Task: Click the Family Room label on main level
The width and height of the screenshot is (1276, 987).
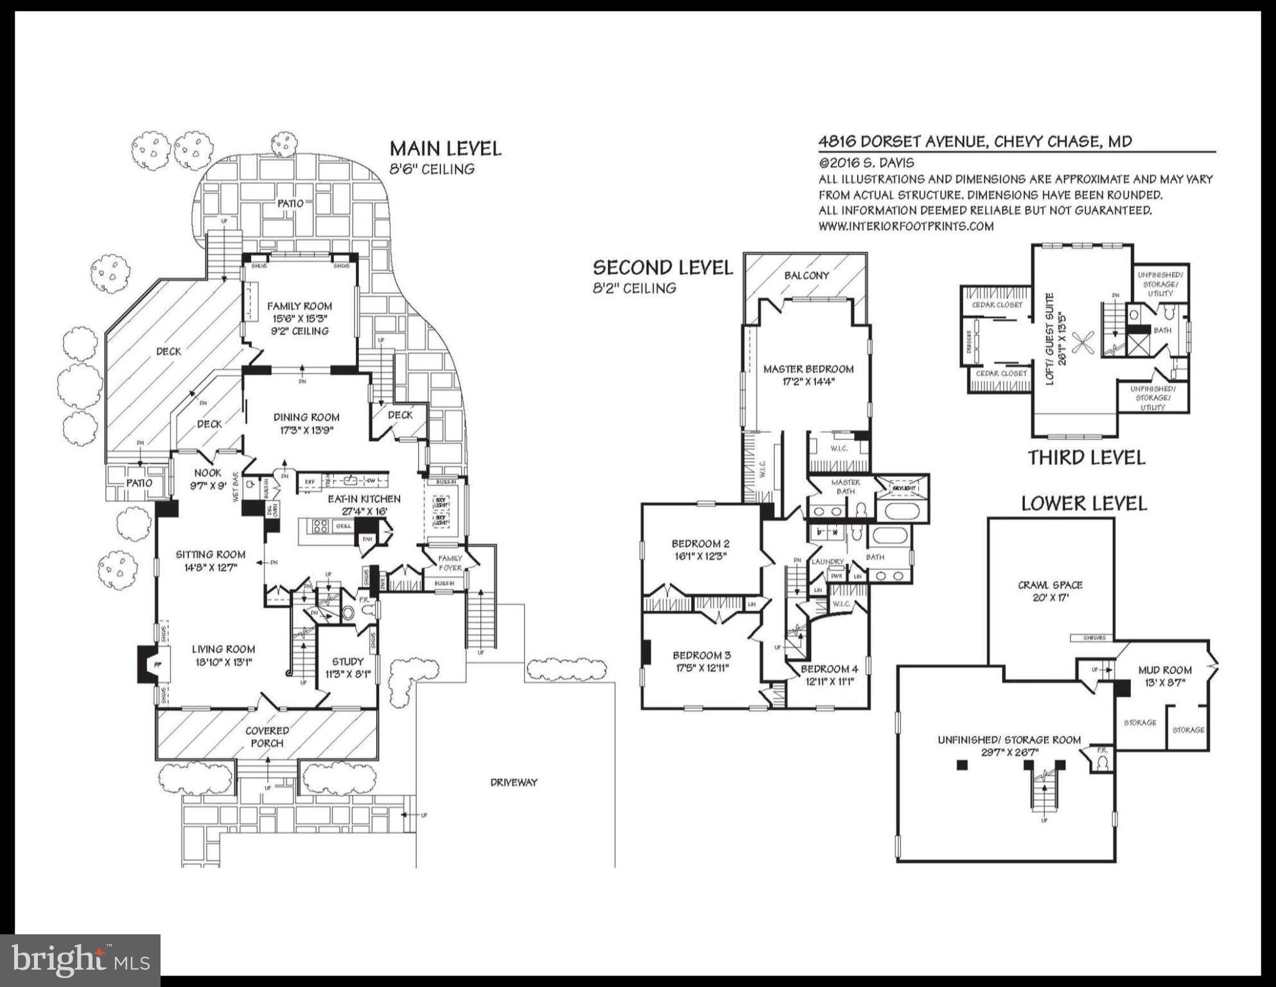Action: [299, 307]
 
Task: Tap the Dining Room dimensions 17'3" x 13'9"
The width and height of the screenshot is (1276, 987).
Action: [306, 431]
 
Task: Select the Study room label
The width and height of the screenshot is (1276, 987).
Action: [347, 661]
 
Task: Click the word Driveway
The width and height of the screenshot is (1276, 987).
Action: [513, 782]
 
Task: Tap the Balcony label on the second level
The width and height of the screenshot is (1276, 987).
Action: [807, 275]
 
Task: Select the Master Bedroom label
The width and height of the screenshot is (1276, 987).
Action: [808, 369]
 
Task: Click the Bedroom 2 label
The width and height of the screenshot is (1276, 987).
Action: [700, 544]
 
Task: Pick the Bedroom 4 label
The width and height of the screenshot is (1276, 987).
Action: [829, 669]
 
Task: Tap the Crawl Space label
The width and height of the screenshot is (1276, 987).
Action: [1050, 585]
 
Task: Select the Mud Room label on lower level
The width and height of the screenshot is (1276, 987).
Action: [1165, 670]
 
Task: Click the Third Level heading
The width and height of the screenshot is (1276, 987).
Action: [1086, 458]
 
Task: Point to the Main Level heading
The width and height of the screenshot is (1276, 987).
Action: [445, 148]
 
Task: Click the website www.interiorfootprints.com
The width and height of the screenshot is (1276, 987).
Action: [905, 226]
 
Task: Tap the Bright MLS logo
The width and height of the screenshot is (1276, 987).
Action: [80, 960]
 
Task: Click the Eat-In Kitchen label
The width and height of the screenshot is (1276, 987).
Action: [364, 499]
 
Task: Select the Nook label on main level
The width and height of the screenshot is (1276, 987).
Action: [207, 473]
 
